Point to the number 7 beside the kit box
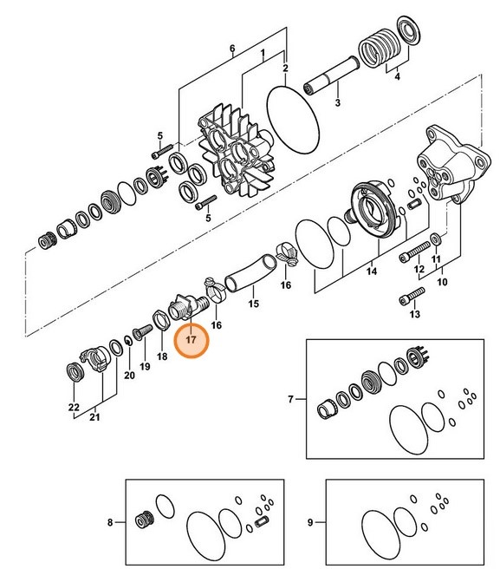pos(290,399)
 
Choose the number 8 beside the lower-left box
pos(110,522)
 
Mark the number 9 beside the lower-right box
pos(311,522)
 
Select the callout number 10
pos(444,283)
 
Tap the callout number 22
pos(74,407)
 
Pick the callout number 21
pos(94,418)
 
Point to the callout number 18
pos(161,356)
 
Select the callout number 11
pos(436,258)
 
